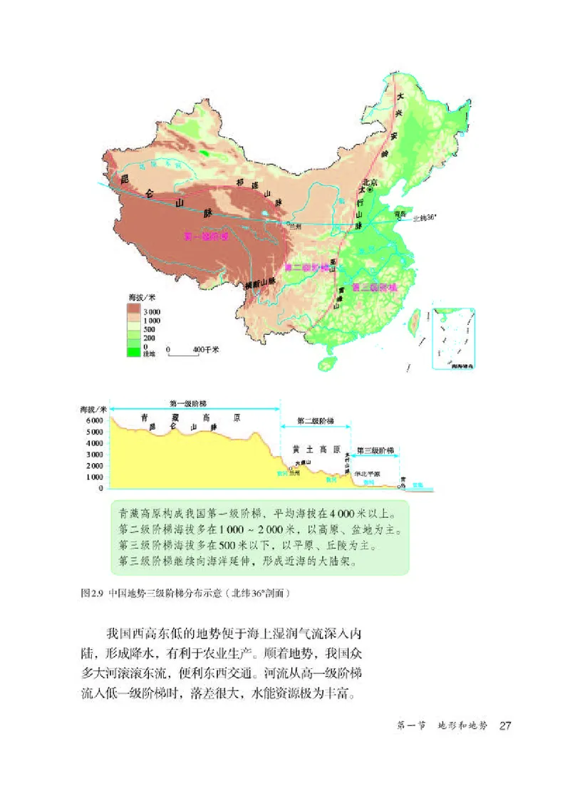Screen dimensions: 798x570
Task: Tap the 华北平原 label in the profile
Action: (x=368, y=473)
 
